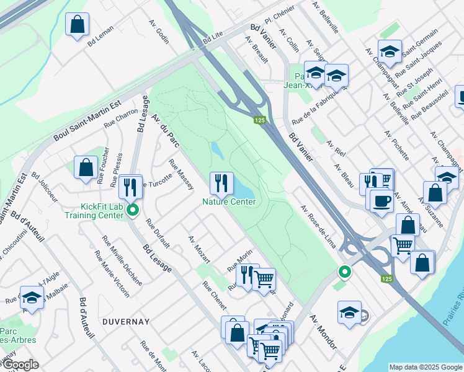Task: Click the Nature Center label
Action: [x=229, y=201]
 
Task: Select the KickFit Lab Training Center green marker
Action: [x=132, y=210]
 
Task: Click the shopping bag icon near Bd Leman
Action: [x=78, y=25]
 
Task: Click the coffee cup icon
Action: [x=380, y=200]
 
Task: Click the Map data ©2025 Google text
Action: [x=425, y=366]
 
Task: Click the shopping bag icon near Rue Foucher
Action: [x=86, y=167]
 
